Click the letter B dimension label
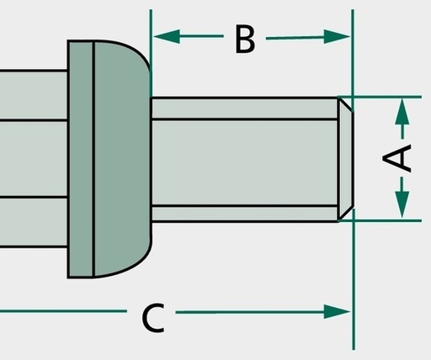pyautogui.click(x=245, y=39)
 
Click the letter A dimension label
pyautogui.click(x=397, y=157)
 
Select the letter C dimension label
pyautogui.click(x=153, y=318)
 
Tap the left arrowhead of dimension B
pyautogui.click(x=167, y=36)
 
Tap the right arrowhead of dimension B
pyautogui.click(x=337, y=36)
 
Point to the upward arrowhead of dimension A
pyautogui.click(x=402, y=111)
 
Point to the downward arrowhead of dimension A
pyautogui.click(x=402, y=204)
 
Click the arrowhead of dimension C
pyautogui.click(x=337, y=312)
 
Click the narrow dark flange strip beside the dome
pyautogui.click(x=80, y=159)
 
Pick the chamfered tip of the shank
pyautogui.click(x=345, y=159)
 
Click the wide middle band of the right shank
pyautogui.click(x=245, y=162)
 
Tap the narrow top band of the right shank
pyautogui.click(x=245, y=109)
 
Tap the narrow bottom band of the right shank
pyautogui.click(x=245, y=214)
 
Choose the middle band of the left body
pyautogui.click(x=34, y=159)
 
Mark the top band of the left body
pyautogui.click(x=34, y=95)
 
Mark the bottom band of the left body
pyautogui.click(x=34, y=222)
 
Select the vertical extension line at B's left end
pyautogui.click(x=151, y=53)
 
